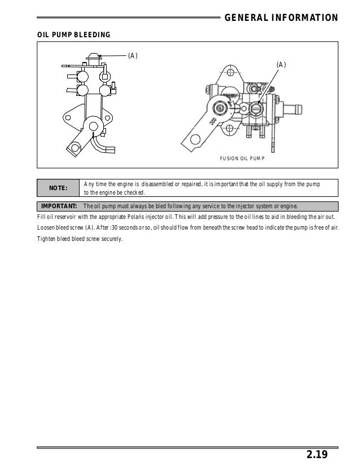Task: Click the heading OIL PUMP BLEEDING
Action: [x=74, y=36]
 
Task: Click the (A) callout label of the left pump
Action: [x=133, y=55]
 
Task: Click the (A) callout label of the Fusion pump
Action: [x=281, y=65]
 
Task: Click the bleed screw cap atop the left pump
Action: [x=92, y=55]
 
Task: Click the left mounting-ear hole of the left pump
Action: [x=68, y=118]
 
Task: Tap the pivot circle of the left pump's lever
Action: [x=90, y=125]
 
